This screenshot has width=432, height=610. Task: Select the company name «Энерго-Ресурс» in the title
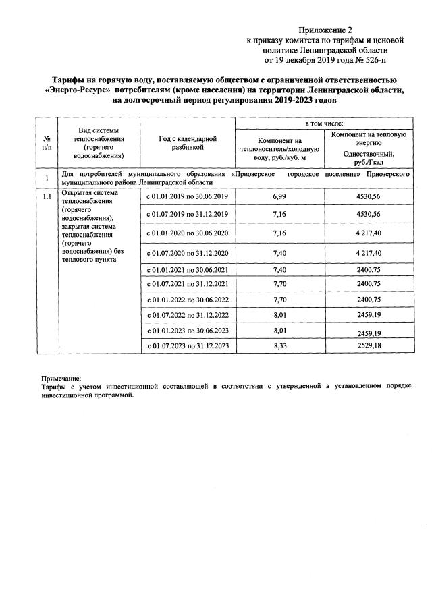(x=78, y=90)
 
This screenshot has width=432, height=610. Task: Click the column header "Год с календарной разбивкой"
(x=187, y=142)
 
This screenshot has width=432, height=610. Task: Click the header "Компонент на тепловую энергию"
(x=369, y=139)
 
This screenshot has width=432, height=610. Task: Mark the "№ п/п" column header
(x=46, y=142)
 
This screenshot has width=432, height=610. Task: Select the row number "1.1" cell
(x=46, y=196)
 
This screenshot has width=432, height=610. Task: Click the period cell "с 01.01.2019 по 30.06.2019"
(x=187, y=196)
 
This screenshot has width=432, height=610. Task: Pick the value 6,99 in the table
(x=279, y=196)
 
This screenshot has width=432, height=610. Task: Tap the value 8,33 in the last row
(x=279, y=345)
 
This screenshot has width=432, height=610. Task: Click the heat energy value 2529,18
(x=369, y=345)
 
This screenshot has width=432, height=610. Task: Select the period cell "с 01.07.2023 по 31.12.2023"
(x=187, y=345)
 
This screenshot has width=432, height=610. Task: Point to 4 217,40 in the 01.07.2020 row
(x=369, y=253)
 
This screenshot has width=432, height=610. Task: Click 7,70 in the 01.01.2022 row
(x=279, y=298)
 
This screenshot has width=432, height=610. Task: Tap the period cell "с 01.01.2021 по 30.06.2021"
(x=187, y=269)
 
